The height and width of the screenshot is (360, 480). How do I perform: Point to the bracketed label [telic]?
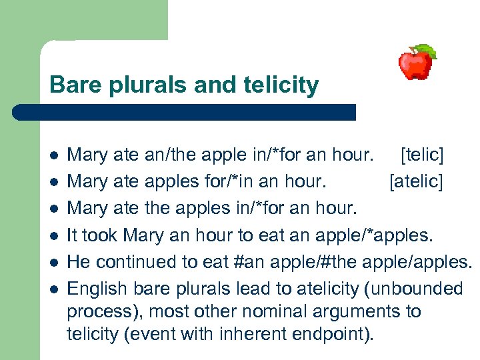[421, 155]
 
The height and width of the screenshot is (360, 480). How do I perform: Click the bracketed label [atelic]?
[416, 182]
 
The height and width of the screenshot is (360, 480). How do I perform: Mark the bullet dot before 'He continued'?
[53, 263]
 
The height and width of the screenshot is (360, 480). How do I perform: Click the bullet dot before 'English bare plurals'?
[53, 289]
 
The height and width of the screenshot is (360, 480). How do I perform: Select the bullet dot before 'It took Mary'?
[53, 236]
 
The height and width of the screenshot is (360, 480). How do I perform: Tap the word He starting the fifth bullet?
[78, 262]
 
